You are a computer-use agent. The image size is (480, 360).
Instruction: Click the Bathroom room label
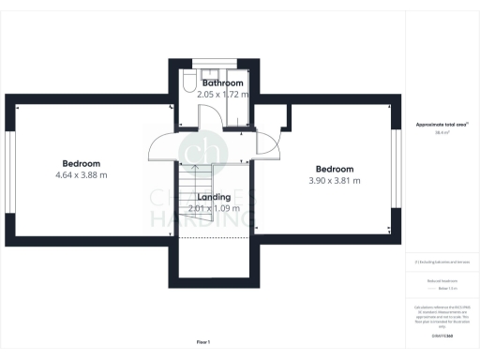(223, 83)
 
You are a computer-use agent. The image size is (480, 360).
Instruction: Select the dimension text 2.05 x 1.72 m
(223, 95)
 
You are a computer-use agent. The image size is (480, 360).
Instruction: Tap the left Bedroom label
(81, 162)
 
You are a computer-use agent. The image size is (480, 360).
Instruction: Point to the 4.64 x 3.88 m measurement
(81, 174)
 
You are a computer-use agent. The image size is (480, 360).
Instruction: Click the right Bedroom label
(334, 169)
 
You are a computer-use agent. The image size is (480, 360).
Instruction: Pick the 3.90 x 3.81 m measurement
(334, 181)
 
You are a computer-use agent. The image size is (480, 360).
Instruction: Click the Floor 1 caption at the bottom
(203, 341)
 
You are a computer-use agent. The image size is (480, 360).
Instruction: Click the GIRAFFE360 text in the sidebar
(440, 335)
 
